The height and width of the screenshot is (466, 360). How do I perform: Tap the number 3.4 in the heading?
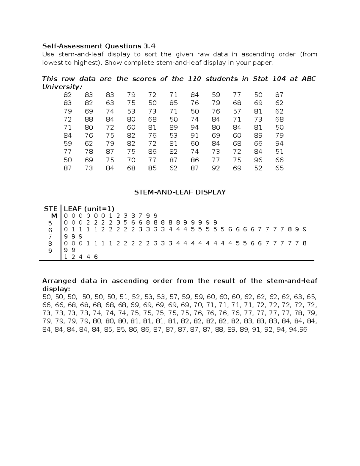tap(149, 46)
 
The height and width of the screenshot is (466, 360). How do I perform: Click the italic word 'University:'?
tap(62, 87)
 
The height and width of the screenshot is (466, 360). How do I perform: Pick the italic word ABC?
tap(308, 79)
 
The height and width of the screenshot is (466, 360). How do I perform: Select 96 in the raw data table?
tap(258, 160)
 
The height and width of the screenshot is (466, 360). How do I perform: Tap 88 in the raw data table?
tap(89, 119)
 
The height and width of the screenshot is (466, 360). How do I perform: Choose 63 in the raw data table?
tap(110, 103)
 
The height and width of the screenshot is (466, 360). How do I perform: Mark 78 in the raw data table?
tap(89, 152)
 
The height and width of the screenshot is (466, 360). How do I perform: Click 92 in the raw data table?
tap(216, 168)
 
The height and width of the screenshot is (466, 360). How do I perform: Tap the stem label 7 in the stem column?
tap(50, 237)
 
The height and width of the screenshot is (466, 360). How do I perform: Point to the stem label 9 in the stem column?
tap(50, 251)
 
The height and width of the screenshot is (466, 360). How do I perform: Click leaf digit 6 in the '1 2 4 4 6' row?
tap(96, 257)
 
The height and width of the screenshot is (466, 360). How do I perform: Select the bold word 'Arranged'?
tap(59, 281)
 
